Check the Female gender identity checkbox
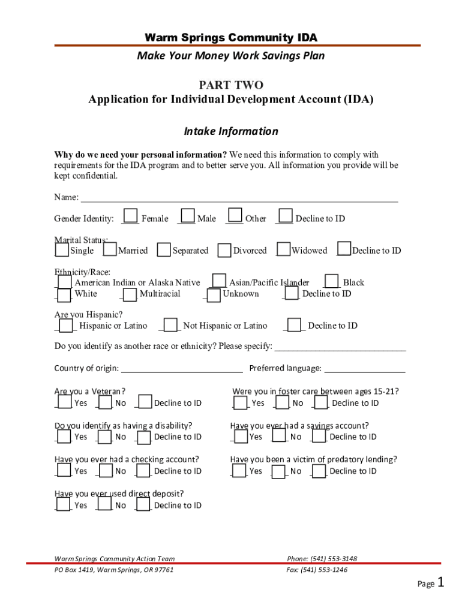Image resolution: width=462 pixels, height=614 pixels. pos(130,216)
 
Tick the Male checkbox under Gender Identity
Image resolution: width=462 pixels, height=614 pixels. pos(188,216)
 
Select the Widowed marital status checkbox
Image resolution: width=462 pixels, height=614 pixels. pos(283,249)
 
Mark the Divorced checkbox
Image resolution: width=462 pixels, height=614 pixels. pos(224,250)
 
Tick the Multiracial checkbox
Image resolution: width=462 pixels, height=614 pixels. pos(130,294)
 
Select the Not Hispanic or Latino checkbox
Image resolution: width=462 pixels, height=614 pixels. pos(171,325)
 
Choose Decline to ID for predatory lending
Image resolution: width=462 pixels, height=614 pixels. pos(319,471)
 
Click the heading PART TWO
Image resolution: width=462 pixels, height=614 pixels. pos(231,86)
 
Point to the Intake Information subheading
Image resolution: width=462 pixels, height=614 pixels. pos(231,131)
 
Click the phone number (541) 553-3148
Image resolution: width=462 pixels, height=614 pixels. pos(322,559)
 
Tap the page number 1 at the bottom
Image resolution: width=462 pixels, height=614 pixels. pos(441,582)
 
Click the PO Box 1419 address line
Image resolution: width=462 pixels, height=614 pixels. pos(114,570)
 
